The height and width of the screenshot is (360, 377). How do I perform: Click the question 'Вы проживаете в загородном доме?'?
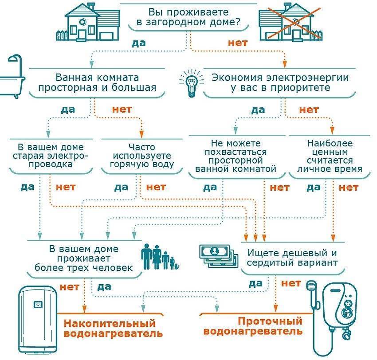pyautogui.click(x=189, y=16)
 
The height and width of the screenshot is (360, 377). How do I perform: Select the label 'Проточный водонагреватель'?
pyautogui.click(x=253, y=326)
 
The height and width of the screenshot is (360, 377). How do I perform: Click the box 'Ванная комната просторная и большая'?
pyautogui.click(x=97, y=82)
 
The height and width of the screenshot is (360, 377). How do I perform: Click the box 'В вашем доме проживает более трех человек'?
pyautogui.click(x=84, y=258)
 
